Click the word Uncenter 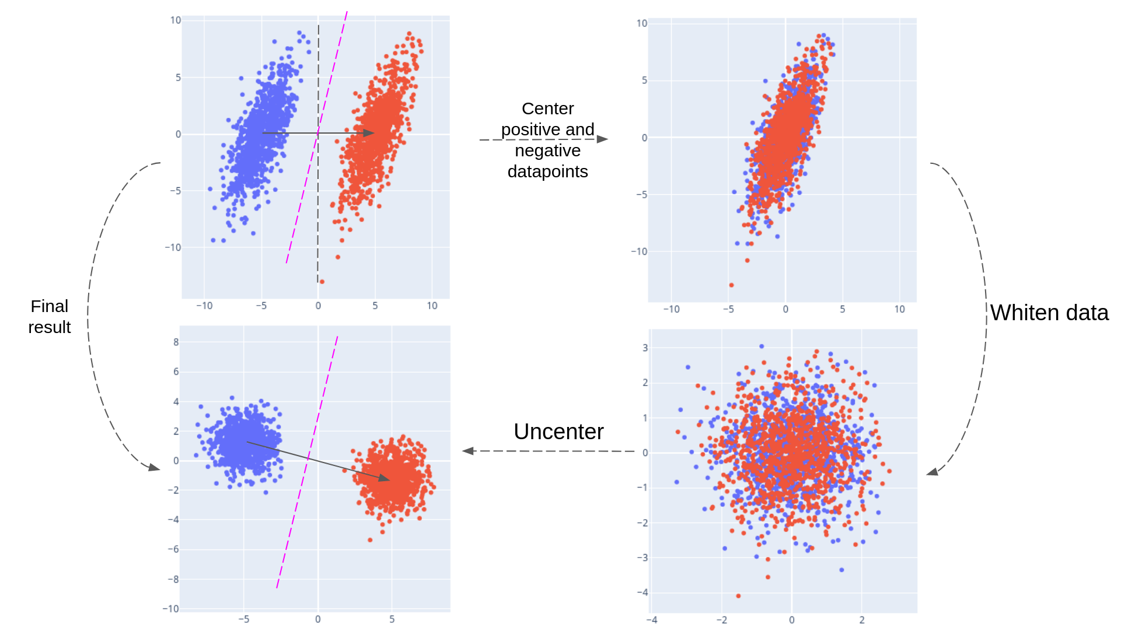click(x=558, y=432)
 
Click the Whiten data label click(x=1049, y=313)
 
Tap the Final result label click(x=50, y=317)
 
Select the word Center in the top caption click(x=547, y=108)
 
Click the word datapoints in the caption click(x=547, y=171)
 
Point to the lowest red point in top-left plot click(x=322, y=282)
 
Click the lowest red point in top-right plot click(x=731, y=285)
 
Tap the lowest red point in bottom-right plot click(x=738, y=596)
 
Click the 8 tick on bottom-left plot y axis click(x=176, y=342)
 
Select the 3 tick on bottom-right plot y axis click(x=645, y=348)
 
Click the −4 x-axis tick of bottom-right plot click(x=652, y=620)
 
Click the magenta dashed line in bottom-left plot click(x=307, y=461)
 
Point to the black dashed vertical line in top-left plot click(x=318, y=204)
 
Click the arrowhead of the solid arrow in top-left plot click(x=369, y=133)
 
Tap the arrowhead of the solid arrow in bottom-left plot click(x=384, y=478)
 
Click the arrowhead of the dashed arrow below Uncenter click(x=468, y=451)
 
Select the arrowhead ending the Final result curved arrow click(x=154, y=467)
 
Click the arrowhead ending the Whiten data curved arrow click(x=932, y=472)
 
